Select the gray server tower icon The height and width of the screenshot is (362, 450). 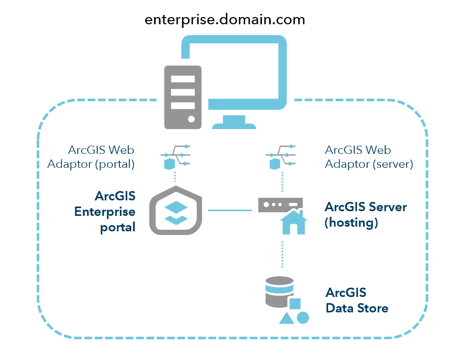tap(182, 97)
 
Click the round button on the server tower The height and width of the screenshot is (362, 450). tap(191, 119)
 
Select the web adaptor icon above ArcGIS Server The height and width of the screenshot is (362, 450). tap(280, 156)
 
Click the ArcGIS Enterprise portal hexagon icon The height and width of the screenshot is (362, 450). tap(177, 211)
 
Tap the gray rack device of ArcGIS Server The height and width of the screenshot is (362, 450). tap(280, 204)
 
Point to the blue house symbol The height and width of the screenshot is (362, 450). tap(293, 223)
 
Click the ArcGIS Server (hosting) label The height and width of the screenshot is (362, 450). tap(365, 215)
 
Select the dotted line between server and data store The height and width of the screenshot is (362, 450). tap(282, 254)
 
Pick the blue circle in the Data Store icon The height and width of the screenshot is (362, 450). tap(303, 318)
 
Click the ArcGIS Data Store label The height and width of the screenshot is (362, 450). tap(356, 301)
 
